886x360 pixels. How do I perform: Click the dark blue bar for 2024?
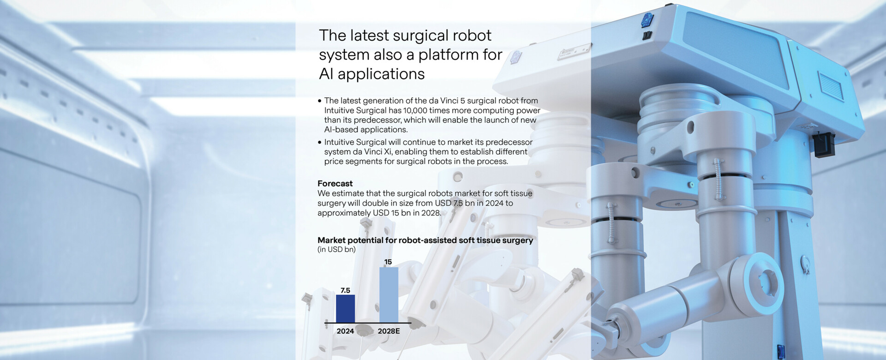click(345, 309)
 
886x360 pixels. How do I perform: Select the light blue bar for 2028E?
click(389, 295)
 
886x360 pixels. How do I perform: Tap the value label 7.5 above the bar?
click(345, 290)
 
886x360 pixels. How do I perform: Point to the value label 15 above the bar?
click(388, 262)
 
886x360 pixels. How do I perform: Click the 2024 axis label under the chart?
click(345, 331)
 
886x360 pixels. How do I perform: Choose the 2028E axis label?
click(389, 331)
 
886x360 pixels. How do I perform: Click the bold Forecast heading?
click(335, 183)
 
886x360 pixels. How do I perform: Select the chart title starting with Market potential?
click(425, 240)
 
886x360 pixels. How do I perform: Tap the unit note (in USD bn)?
click(336, 249)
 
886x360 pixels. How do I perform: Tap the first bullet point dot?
click(319, 101)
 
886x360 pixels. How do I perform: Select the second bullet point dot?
click(319, 142)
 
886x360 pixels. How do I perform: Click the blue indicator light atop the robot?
click(647, 19)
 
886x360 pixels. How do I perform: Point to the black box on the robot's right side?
click(824, 144)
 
